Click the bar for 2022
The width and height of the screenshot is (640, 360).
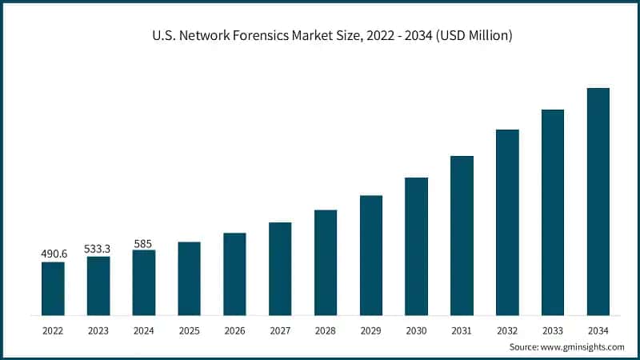pyautogui.click(x=53, y=288)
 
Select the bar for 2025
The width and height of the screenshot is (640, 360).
pyautogui.click(x=189, y=278)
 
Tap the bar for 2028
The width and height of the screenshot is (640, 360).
pyautogui.click(x=326, y=262)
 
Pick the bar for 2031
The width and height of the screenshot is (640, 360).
pyautogui.click(x=462, y=235)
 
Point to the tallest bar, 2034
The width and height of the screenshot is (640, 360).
pyautogui.click(x=598, y=202)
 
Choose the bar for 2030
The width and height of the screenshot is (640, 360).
pyautogui.click(x=416, y=246)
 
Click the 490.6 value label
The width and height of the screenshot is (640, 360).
pyautogui.click(x=53, y=254)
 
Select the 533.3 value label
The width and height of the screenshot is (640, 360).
pyautogui.click(x=98, y=249)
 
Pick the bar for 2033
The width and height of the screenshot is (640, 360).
pyautogui.click(x=553, y=212)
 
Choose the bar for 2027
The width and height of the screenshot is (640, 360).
pyautogui.click(x=280, y=269)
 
